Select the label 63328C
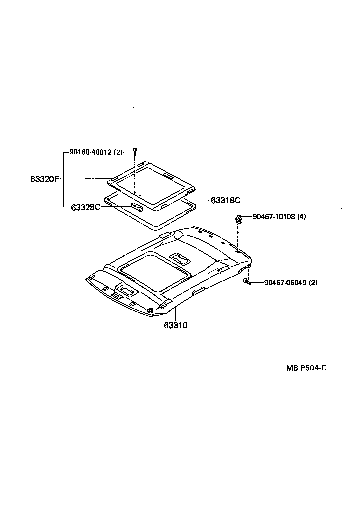click(85, 207)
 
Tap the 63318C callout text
click(225, 200)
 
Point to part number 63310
click(175, 325)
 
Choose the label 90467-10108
click(274, 217)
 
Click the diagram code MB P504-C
click(306, 368)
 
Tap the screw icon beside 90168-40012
click(135, 150)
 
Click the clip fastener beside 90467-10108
click(239, 218)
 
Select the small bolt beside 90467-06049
click(246, 282)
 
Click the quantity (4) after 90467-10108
click(302, 217)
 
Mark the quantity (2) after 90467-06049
click(313, 283)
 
